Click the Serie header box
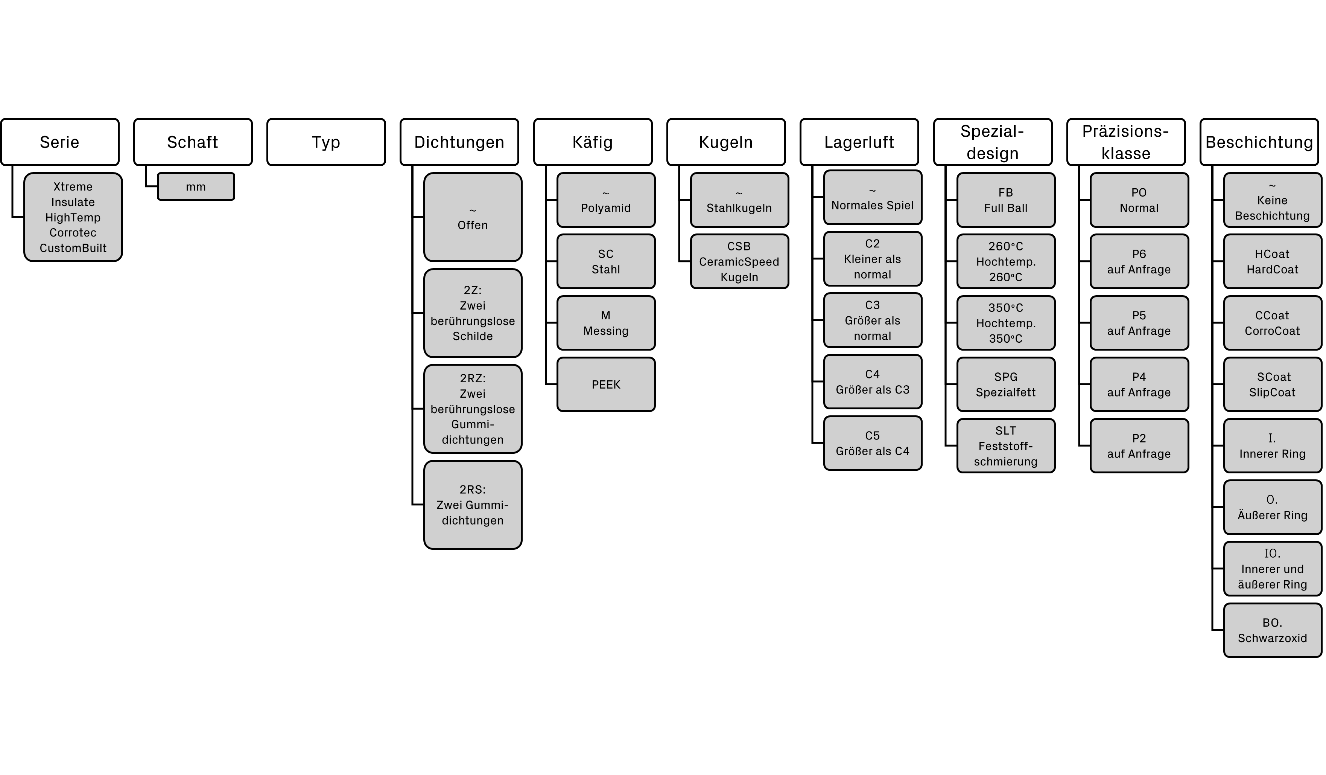pyautogui.click(x=59, y=142)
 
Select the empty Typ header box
pyautogui.click(x=326, y=142)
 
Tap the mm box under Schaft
pyautogui.click(x=196, y=187)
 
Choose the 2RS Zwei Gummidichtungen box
pyautogui.click(x=473, y=505)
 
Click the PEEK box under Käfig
pyautogui.click(x=606, y=384)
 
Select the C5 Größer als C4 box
pyautogui.click(x=873, y=443)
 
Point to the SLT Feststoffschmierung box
pyautogui.click(x=1005, y=446)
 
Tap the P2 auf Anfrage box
pyautogui.click(x=1139, y=446)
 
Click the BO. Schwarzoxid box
pyautogui.click(x=1272, y=630)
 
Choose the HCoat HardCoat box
pyautogui.click(x=1272, y=262)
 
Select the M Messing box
pyautogui.click(x=606, y=323)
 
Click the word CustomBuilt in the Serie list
pyautogui.click(x=73, y=248)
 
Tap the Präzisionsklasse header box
pyautogui.click(x=1125, y=142)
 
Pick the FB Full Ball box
pyautogui.click(x=1005, y=200)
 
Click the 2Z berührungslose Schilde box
pyautogui.click(x=473, y=313)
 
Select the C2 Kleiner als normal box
pyautogui.click(x=873, y=259)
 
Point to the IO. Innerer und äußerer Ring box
pyautogui.click(x=1272, y=569)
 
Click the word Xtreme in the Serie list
pyautogui.click(x=73, y=187)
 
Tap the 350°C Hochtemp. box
pyautogui.click(x=1005, y=323)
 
